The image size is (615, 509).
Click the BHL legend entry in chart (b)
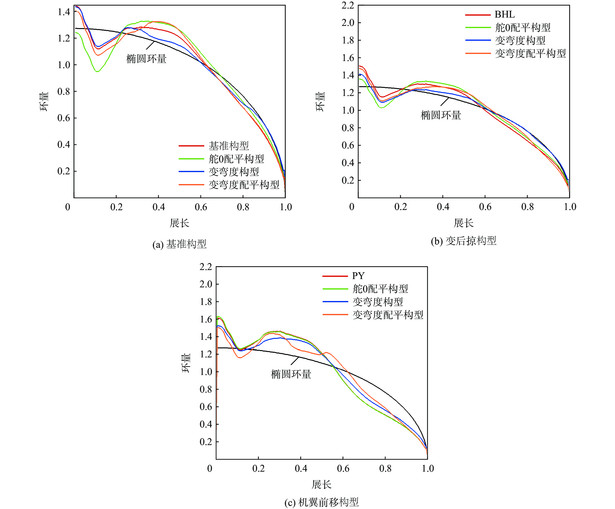click(x=504, y=14)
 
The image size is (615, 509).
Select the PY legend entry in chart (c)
click(x=358, y=276)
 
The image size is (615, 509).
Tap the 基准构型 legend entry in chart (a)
click(x=228, y=145)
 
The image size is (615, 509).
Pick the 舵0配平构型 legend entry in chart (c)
click(x=380, y=289)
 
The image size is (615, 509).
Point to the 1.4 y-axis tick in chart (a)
click(x=64, y=12)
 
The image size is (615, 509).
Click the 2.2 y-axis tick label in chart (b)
click(x=348, y=5)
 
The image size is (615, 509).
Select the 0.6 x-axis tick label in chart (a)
click(x=201, y=207)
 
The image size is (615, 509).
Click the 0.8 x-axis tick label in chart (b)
click(x=527, y=207)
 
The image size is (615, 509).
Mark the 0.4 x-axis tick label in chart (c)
click(x=301, y=468)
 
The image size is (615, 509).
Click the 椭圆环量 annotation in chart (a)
click(x=146, y=59)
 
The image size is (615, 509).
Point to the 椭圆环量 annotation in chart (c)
click(x=291, y=374)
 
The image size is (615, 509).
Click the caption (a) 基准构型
click(x=180, y=244)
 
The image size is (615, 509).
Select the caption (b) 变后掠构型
click(x=464, y=241)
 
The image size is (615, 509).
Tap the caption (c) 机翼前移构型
click(x=322, y=502)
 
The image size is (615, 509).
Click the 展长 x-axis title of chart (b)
click(x=464, y=223)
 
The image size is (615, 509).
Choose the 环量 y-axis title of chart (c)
click(x=186, y=363)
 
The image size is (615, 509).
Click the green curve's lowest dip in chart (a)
click(x=97, y=71)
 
